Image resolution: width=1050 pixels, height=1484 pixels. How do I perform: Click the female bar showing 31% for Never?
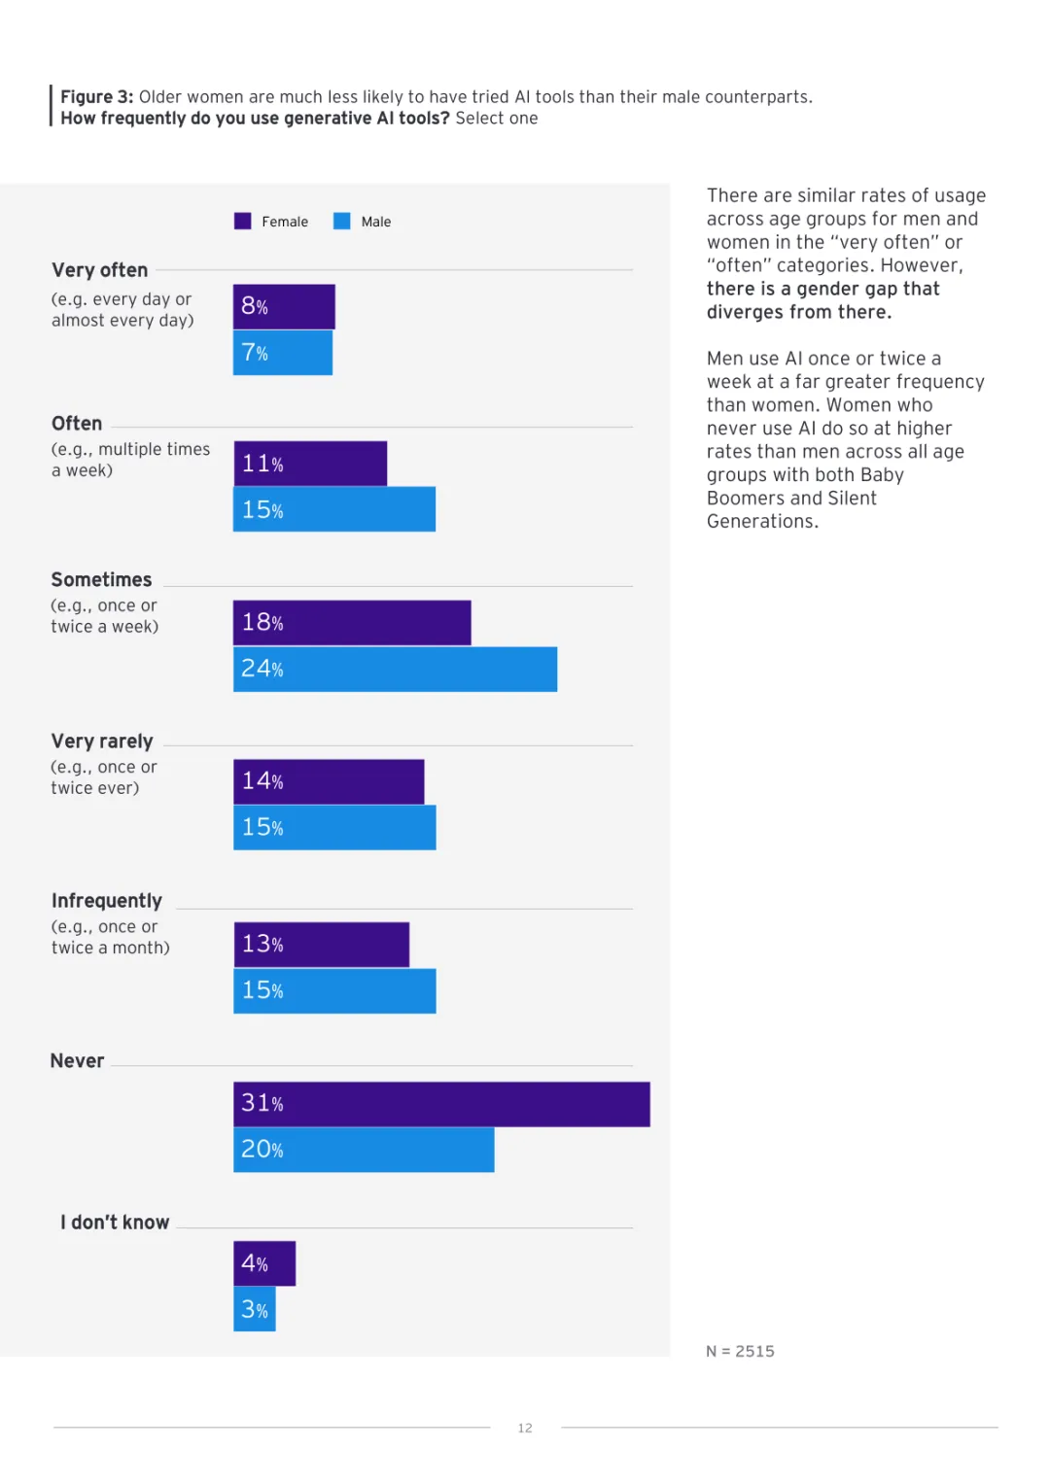click(x=441, y=1104)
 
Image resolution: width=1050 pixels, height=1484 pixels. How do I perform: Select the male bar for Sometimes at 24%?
click(x=395, y=670)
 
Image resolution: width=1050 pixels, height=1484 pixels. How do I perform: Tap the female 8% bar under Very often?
click(x=284, y=307)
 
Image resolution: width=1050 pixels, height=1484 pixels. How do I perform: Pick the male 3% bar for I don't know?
click(x=255, y=1309)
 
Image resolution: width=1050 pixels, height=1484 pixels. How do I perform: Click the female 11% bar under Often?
click(x=310, y=464)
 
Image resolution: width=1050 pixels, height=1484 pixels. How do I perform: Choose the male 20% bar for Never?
click(x=364, y=1150)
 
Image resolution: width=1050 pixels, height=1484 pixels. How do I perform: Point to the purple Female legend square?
click(x=243, y=222)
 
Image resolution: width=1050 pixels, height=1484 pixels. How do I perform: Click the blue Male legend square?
click(x=342, y=222)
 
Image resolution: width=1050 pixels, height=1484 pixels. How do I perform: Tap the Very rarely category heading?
click(x=102, y=742)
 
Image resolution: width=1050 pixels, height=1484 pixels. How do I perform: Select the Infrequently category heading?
click(x=107, y=901)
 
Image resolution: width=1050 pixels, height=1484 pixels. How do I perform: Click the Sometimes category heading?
click(x=101, y=580)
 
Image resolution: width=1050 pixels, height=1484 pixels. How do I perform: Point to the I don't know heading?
click(x=115, y=1223)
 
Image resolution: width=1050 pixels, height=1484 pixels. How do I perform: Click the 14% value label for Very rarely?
click(x=262, y=781)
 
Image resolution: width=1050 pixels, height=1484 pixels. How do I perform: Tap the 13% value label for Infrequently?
click(x=262, y=945)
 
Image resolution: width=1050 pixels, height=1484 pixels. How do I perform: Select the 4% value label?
click(x=255, y=1263)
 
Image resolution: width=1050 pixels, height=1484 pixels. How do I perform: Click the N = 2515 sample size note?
click(x=740, y=1352)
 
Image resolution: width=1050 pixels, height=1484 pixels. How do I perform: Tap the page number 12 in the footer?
click(x=525, y=1429)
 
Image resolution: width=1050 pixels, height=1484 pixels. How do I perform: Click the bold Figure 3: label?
click(x=97, y=97)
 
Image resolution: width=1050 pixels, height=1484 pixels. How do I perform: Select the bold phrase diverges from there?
click(x=798, y=312)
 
